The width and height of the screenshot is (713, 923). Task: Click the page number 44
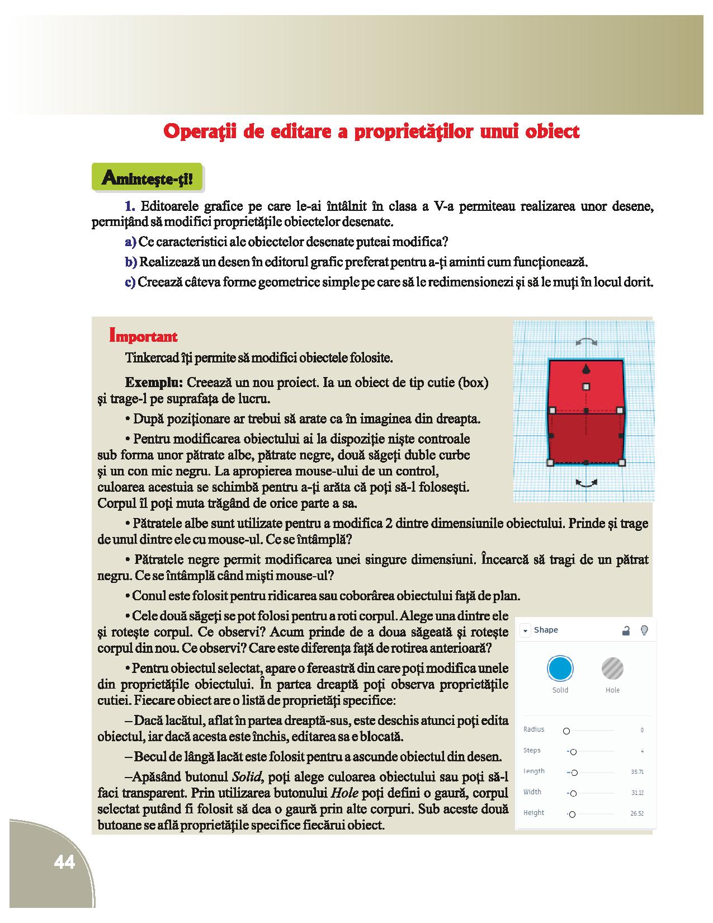[64, 863]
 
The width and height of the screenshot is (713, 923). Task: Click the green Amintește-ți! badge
[147, 178]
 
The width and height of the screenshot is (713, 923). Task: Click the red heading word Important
[144, 336]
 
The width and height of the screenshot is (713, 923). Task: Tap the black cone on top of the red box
[585, 368]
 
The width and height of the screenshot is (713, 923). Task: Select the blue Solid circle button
[560, 668]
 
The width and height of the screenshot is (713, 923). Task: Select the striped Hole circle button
[612, 668]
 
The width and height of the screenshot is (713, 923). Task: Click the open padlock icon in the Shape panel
[626, 631]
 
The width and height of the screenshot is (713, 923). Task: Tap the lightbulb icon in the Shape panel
[644, 630]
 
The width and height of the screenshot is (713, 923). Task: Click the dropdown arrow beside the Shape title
[525, 631]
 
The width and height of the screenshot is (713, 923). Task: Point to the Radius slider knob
[566, 731]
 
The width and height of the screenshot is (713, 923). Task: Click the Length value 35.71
[637, 772]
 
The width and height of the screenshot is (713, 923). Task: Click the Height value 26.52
[637, 813]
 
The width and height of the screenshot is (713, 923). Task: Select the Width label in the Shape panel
[532, 792]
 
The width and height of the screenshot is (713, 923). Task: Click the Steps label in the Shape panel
[532, 751]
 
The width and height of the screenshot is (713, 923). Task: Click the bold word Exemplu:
[154, 383]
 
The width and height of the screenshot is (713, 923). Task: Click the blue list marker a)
[131, 242]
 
